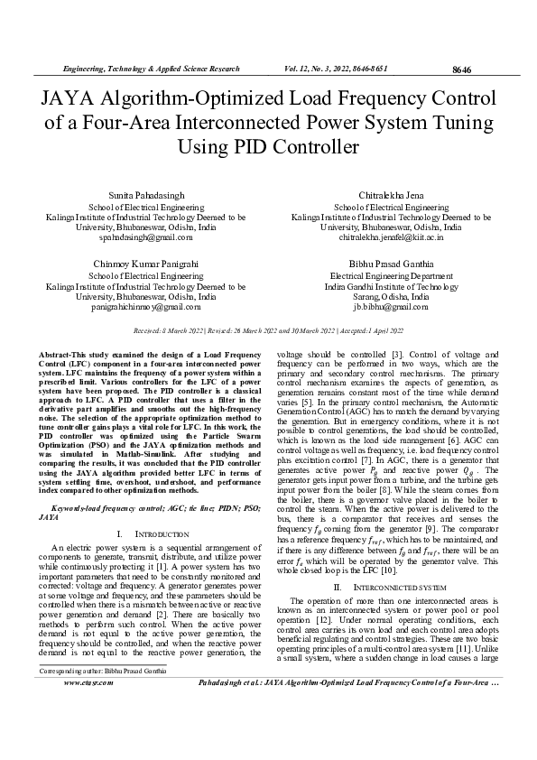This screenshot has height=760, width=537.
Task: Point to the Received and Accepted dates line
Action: click(268, 331)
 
